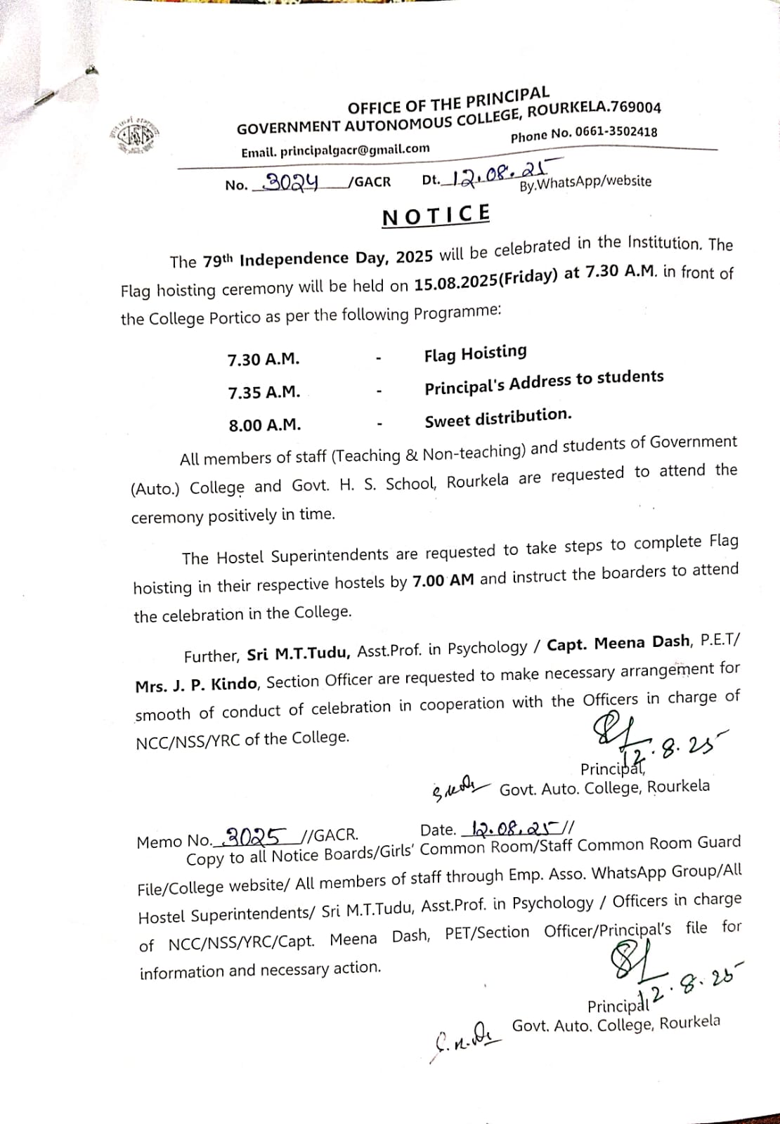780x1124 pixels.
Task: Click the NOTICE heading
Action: (x=436, y=215)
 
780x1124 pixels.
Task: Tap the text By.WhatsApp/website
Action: (x=585, y=183)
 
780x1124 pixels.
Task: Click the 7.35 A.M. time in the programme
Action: (x=264, y=393)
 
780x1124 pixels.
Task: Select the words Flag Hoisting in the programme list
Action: (x=475, y=353)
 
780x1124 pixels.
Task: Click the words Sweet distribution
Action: (x=498, y=418)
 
